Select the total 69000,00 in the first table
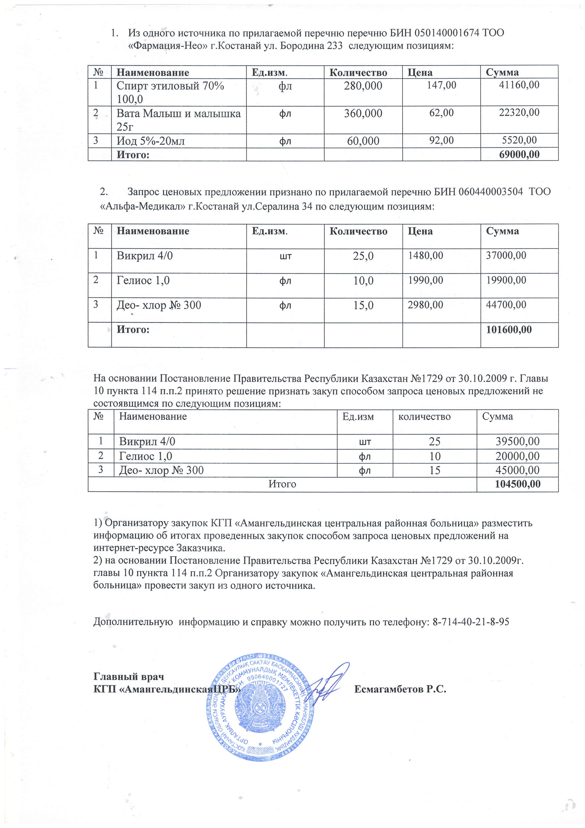click(519, 155)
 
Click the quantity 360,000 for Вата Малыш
click(363, 114)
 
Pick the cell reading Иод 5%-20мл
click(151, 141)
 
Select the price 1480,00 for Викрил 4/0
click(425, 256)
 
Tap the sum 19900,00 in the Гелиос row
click(506, 280)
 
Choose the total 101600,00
click(509, 329)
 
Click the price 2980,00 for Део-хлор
click(425, 305)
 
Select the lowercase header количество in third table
click(424, 417)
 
